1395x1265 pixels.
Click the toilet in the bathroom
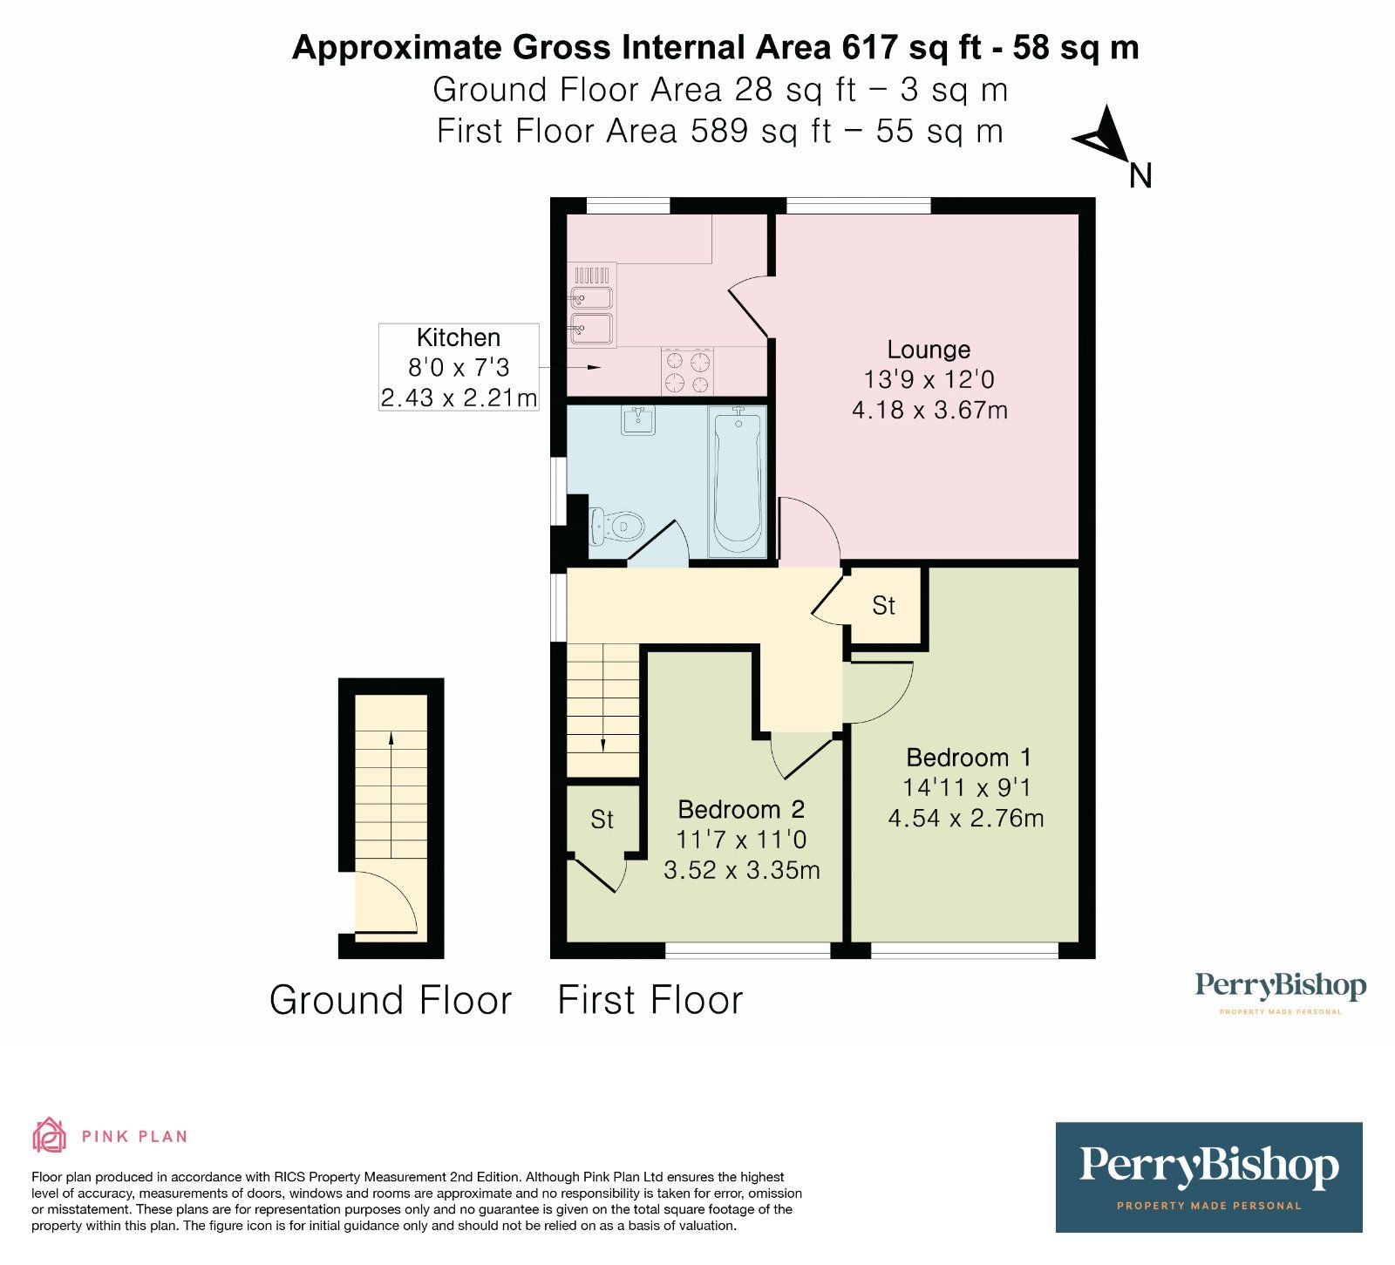point(617,526)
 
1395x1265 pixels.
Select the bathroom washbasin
point(638,420)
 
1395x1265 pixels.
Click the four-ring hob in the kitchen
point(687,371)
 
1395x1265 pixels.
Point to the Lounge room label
point(929,350)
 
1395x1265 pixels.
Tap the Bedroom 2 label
point(741,809)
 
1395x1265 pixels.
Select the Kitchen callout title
point(459,337)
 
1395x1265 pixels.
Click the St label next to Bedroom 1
point(883,605)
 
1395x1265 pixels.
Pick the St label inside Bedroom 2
point(602,819)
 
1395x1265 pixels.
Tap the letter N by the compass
point(1140,176)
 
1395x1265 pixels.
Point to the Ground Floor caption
point(391,1000)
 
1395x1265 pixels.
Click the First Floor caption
point(650,1000)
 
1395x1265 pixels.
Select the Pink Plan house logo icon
point(50,1135)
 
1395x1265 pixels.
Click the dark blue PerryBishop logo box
point(1208,1177)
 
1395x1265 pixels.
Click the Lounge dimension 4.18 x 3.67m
point(929,410)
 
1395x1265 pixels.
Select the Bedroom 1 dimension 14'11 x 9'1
point(967,787)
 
